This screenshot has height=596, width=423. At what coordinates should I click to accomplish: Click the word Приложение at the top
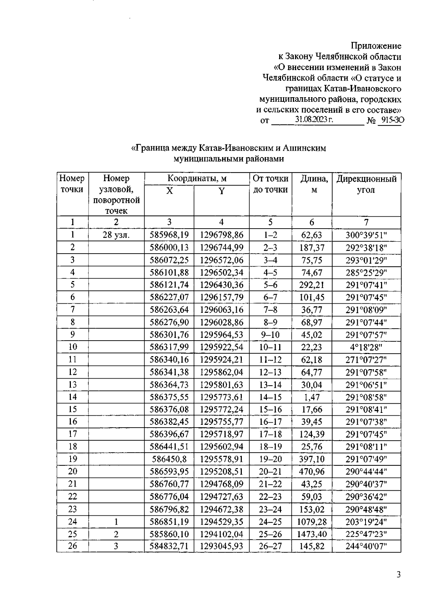[376, 46]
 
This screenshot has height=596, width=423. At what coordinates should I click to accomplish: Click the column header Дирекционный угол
[366, 184]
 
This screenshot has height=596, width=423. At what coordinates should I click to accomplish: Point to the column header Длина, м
[314, 184]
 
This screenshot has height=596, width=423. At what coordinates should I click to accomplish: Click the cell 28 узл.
[116, 235]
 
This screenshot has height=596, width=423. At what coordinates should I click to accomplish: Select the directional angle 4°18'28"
[366, 347]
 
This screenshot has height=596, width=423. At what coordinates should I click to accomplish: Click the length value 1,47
[311, 397]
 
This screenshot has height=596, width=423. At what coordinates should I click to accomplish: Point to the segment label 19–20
[270, 459]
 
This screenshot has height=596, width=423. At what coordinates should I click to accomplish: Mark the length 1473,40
[312, 534]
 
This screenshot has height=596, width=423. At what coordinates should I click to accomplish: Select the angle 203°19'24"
[366, 522]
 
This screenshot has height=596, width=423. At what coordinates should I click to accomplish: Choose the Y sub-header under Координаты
[221, 191]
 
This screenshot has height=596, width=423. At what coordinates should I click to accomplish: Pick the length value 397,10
[312, 459]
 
